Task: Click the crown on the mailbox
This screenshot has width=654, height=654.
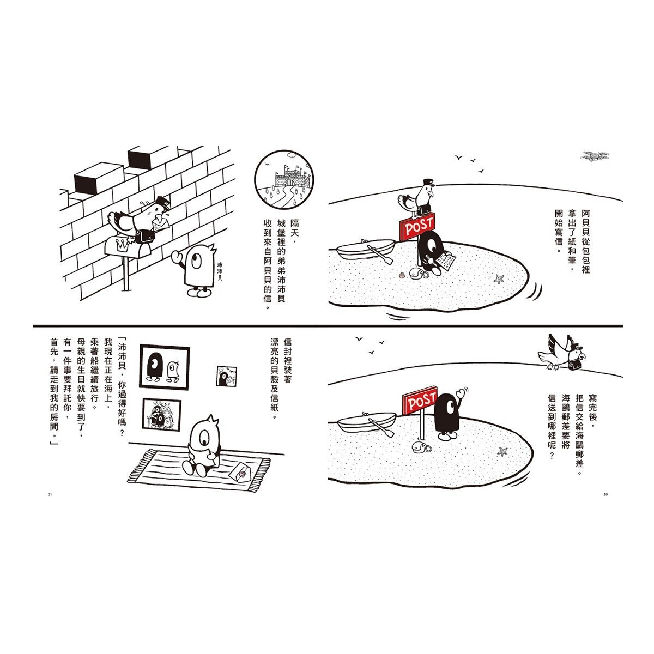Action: [x=121, y=245]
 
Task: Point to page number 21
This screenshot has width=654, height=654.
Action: [x=50, y=494]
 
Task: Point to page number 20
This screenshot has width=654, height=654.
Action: [x=605, y=494]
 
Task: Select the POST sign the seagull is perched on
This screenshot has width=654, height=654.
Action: [x=417, y=226]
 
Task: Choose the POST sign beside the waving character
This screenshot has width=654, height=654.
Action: [x=420, y=401]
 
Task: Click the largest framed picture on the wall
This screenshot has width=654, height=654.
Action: [x=165, y=367]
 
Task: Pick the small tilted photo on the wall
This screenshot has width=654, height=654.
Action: [x=227, y=376]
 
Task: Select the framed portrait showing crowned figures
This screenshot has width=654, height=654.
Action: [x=161, y=414]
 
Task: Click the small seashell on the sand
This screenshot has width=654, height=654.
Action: [x=403, y=276]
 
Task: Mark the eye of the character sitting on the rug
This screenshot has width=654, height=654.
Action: [x=205, y=435]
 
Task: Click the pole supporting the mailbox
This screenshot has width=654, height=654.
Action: [x=126, y=274]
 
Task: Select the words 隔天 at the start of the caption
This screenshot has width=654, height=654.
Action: [x=294, y=228]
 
